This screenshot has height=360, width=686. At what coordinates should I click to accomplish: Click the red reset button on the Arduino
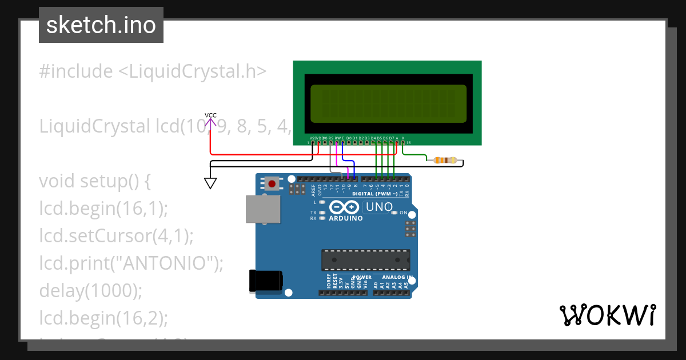[x=272, y=184]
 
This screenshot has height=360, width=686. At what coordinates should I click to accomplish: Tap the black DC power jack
[x=266, y=281]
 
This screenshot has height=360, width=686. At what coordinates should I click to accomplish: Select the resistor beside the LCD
[x=445, y=161]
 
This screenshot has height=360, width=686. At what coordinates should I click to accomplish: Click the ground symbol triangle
[x=210, y=183]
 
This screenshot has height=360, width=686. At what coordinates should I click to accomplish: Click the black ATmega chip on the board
[x=365, y=259]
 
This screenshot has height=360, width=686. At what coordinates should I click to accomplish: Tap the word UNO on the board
[x=379, y=207]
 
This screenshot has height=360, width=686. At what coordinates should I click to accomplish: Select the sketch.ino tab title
[x=101, y=25]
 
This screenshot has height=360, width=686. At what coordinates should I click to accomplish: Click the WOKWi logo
[x=607, y=315]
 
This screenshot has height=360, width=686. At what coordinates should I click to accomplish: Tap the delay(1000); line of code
[x=90, y=290]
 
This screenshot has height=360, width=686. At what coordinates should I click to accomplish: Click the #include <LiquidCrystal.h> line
[x=153, y=71]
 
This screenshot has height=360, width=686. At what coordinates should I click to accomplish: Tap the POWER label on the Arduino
[x=362, y=277]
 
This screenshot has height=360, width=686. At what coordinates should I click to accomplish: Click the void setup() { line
[x=94, y=181]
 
